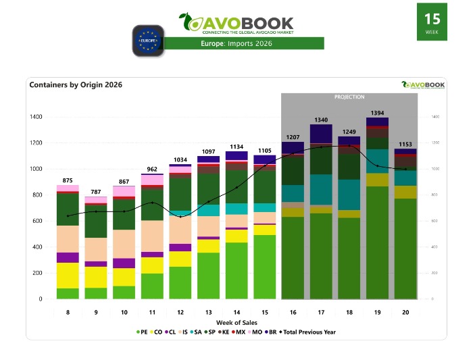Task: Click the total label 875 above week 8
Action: point(68,180)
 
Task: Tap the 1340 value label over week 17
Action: point(321,120)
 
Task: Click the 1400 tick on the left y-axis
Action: point(35,117)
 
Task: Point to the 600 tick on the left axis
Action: point(36,221)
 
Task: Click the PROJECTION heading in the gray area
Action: point(349,97)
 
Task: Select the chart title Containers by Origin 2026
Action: point(76,85)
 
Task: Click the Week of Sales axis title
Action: point(236,323)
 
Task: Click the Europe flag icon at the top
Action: point(148,40)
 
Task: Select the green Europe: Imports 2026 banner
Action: point(244,44)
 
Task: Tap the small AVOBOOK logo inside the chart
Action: point(423,84)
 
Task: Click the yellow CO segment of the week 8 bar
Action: point(68,275)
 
